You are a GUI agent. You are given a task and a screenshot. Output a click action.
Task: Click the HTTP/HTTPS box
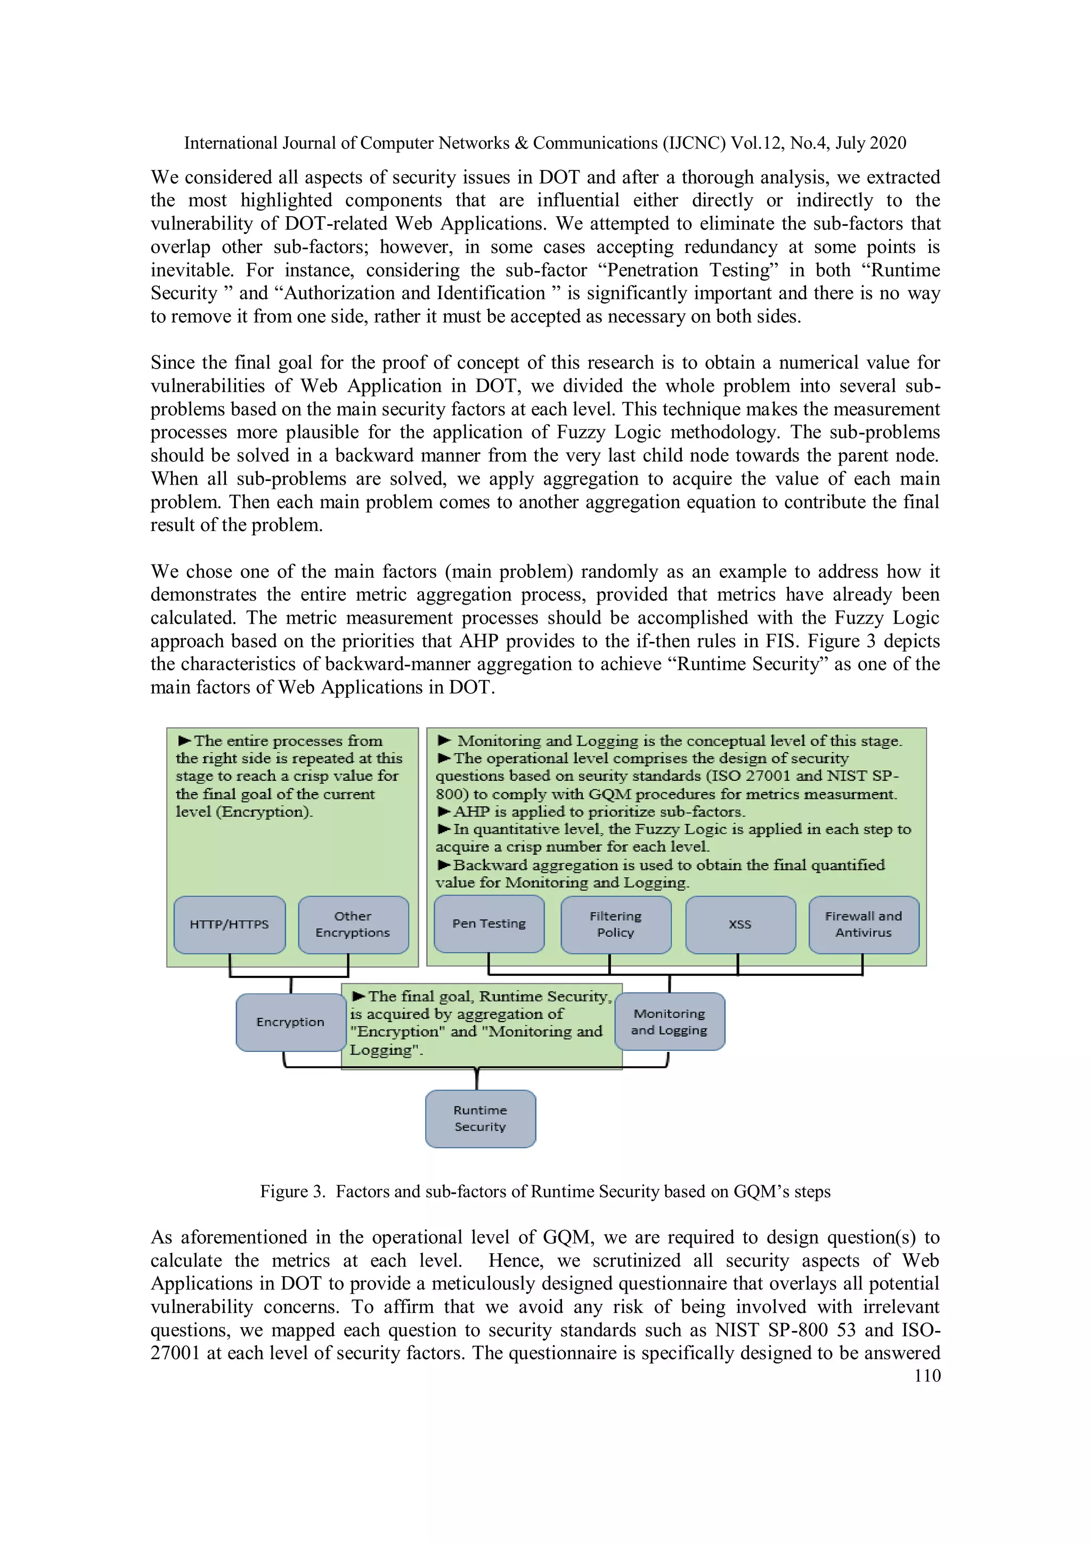[229, 924]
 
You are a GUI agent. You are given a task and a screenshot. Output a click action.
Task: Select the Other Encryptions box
[353, 924]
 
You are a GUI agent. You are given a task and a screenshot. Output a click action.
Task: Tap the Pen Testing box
[488, 924]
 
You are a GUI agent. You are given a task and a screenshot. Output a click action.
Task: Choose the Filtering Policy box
[616, 924]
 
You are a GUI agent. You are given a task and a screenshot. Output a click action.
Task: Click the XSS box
[740, 924]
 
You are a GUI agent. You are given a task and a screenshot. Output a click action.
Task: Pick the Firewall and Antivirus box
[863, 924]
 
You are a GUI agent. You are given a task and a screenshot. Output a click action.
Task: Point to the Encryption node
[290, 1022]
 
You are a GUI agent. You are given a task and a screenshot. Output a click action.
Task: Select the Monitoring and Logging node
[670, 1022]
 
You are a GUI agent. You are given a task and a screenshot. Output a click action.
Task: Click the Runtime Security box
[480, 1119]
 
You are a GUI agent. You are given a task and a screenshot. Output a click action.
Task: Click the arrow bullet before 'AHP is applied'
[444, 812]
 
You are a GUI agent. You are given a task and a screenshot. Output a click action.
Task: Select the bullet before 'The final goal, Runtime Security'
[359, 996]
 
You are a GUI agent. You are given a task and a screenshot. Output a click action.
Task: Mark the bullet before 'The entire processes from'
[184, 740]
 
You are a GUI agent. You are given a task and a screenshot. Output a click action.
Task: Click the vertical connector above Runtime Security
[477, 1079]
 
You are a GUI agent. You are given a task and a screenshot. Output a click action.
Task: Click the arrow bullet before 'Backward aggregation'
[444, 865]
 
